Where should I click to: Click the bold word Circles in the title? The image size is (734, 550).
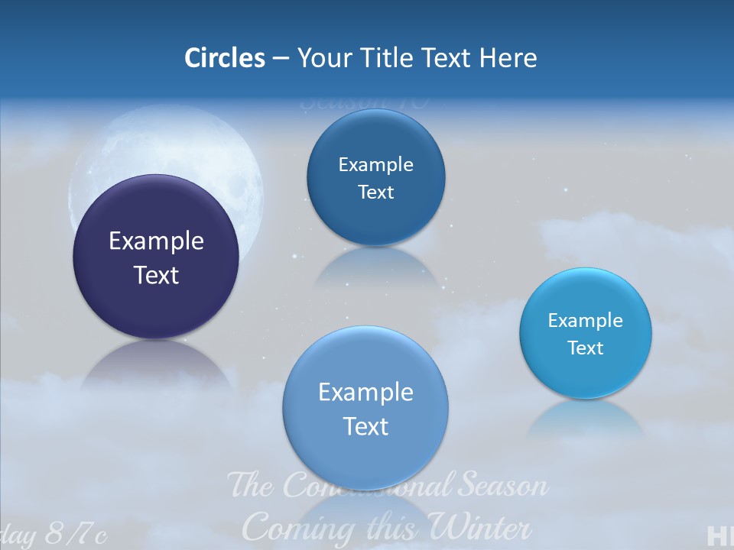pyautogui.click(x=224, y=58)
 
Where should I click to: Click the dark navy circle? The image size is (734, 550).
pyautogui.click(x=156, y=257)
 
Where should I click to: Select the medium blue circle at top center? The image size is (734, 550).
pyautogui.click(x=375, y=177)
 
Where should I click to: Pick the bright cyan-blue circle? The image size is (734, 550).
pyautogui.click(x=586, y=333)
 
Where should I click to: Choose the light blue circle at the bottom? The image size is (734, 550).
pyautogui.click(x=365, y=408)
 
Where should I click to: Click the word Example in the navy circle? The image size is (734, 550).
pyautogui.click(x=156, y=241)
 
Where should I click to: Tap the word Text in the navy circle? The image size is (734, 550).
pyautogui.click(x=156, y=275)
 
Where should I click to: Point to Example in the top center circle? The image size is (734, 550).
pyautogui.click(x=375, y=164)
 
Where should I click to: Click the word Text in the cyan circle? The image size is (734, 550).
pyautogui.click(x=586, y=348)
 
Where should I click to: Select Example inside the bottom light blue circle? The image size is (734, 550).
pyautogui.click(x=365, y=392)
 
